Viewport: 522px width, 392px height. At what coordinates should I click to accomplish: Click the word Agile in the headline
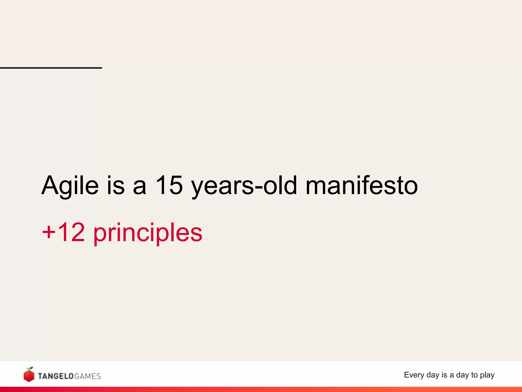[70, 186]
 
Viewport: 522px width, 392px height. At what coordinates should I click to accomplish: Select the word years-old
[244, 186]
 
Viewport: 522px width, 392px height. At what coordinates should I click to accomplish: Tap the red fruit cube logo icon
[29, 375]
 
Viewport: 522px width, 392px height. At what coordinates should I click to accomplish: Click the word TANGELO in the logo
[56, 376]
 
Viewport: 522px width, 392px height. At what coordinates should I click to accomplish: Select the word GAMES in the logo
[88, 376]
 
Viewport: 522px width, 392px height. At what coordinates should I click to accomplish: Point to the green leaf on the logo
[31, 368]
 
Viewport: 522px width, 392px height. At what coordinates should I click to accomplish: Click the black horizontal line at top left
[51, 68]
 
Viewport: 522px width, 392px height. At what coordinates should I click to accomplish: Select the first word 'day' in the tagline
[433, 375]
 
